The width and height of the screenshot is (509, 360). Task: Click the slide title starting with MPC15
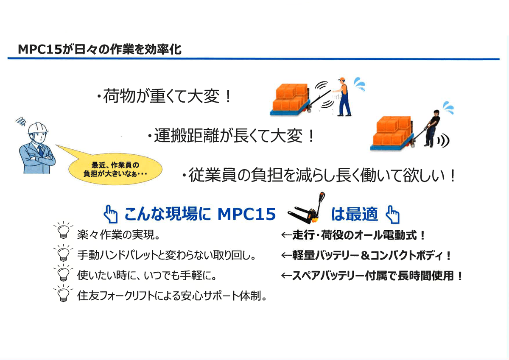[100, 49]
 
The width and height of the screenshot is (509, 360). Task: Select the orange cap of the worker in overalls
[341, 79]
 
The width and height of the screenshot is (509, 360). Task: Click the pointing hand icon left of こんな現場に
[110, 214]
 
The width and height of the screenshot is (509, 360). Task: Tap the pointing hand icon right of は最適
[392, 215]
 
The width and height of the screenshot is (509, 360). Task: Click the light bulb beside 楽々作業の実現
[63, 231]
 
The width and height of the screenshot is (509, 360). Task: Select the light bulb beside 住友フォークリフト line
[63, 294]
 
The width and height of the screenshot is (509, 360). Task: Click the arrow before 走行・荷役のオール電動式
[287, 235]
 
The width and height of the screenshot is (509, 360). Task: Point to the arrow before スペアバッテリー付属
[287, 276]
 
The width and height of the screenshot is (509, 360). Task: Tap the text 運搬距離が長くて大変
[231, 136]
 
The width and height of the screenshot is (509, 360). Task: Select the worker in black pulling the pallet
[432, 128]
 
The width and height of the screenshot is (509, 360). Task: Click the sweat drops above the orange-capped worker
[360, 84]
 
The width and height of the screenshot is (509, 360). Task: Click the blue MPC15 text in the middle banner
[247, 214]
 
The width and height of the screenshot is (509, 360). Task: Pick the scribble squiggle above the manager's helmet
[21, 122]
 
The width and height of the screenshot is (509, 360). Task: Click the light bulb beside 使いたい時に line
[63, 273]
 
